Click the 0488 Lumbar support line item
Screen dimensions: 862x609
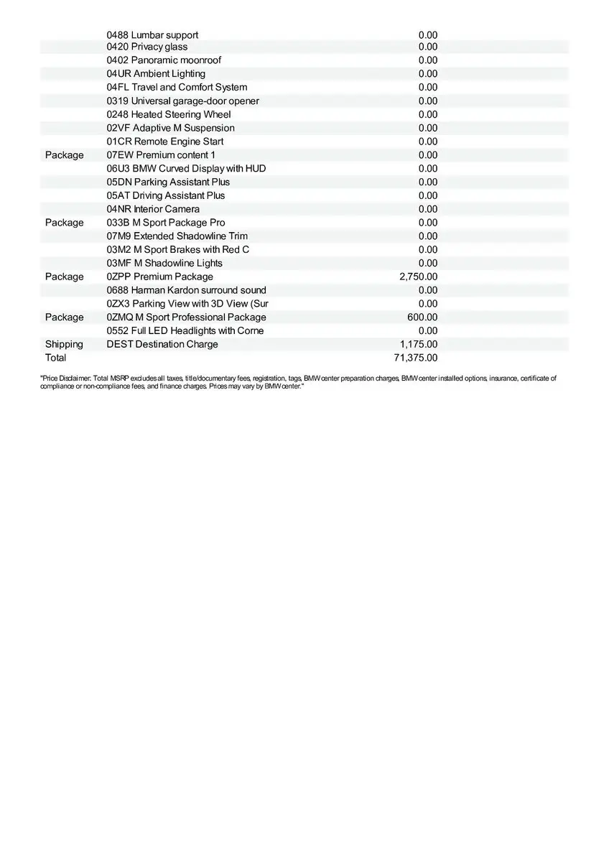click(152, 34)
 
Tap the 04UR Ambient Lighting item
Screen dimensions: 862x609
click(156, 74)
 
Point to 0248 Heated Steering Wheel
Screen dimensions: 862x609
click(169, 114)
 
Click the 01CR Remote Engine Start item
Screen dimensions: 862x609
click(165, 142)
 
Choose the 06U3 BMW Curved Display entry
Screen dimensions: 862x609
click(186, 169)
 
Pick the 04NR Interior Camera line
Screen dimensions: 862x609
click(153, 209)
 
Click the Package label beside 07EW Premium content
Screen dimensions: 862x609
click(64, 155)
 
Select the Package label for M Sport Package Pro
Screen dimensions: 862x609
click(64, 223)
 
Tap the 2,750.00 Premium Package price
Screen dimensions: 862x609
click(418, 277)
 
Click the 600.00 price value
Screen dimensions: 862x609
click(422, 318)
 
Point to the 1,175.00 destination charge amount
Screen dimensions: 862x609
click(419, 344)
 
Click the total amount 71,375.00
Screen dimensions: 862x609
click(416, 358)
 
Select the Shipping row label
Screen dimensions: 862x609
click(64, 344)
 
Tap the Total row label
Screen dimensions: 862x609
click(55, 358)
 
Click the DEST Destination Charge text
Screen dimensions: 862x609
click(162, 344)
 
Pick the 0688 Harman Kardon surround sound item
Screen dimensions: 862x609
click(186, 290)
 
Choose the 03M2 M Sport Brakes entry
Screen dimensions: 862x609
click(178, 249)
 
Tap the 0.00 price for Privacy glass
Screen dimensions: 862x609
click(428, 47)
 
